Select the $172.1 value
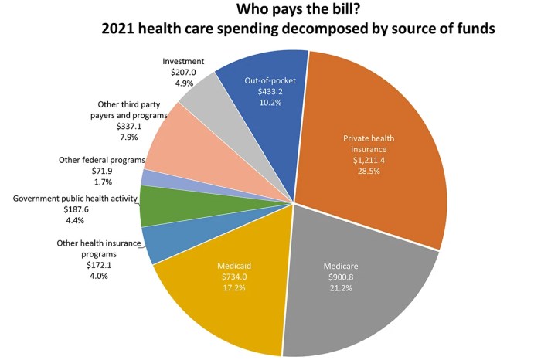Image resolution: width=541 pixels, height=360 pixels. click(76, 264)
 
